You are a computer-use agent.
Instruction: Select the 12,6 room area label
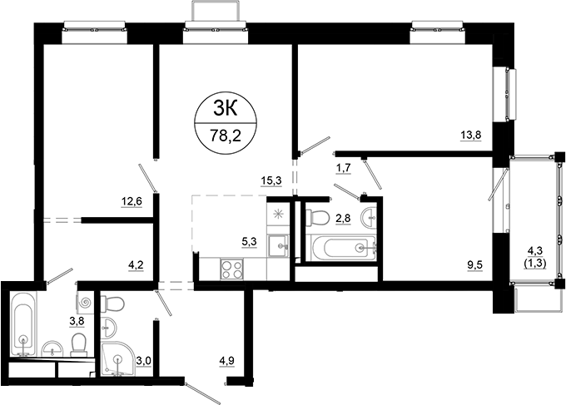pos(132,200)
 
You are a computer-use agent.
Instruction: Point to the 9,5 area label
pos(474,266)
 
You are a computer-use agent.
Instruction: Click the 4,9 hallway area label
pos(226,361)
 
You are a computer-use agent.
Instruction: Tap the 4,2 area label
pos(135,266)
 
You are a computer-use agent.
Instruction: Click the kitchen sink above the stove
pos(281,244)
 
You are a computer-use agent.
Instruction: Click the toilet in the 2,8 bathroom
pos(315,218)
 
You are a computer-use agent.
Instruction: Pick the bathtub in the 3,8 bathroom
pos(23,323)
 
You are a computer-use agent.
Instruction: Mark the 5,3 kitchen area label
pos(248,242)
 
